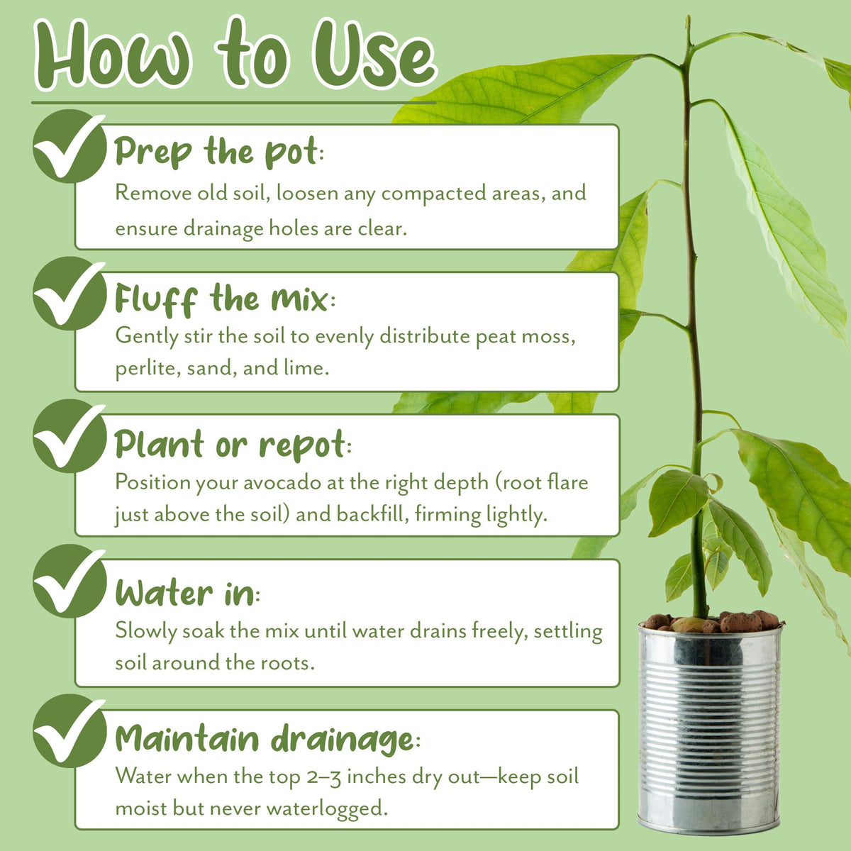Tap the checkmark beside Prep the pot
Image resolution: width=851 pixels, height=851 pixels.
point(69,146)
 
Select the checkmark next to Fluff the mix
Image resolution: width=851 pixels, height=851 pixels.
point(69,293)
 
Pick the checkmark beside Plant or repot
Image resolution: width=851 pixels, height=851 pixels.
point(69,436)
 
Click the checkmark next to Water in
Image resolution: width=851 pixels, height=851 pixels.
point(69,581)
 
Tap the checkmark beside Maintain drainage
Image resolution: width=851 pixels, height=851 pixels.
point(69,730)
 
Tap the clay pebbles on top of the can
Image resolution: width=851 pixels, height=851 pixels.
point(711,621)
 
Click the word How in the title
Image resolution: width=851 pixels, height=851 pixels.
point(113,54)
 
